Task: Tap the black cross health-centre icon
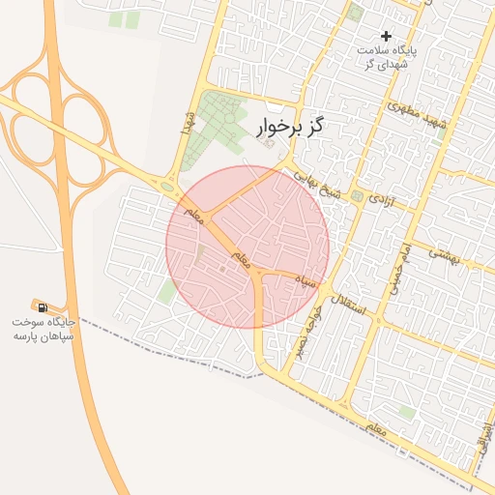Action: [387, 36]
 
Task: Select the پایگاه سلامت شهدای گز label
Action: [387, 56]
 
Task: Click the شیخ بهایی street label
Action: [319, 184]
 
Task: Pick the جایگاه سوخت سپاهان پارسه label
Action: [44, 328]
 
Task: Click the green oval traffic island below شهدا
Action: [169, 187]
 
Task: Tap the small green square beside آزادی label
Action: [357, 196]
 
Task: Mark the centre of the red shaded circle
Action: [247, 247]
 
